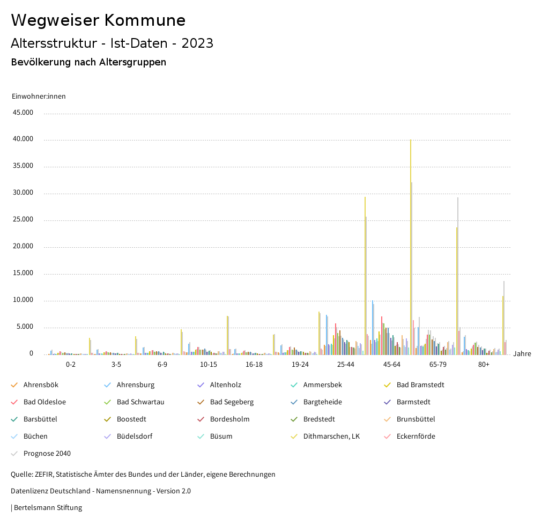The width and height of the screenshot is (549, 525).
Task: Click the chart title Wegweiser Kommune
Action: pos(98,20)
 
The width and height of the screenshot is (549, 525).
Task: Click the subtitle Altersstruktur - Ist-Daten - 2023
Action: pos(112,43)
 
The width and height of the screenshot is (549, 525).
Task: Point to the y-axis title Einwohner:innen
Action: pos(39,97)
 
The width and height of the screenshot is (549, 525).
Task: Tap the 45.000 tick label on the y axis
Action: pos(24,113)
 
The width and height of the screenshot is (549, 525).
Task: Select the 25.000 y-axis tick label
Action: pos(24,220)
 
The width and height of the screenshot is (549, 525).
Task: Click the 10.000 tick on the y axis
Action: pos(24,300)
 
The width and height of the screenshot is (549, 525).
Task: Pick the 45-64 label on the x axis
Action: pos(391,365)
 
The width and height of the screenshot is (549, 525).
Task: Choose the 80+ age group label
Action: pos(484,365)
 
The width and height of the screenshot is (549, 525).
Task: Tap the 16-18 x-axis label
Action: pos(254,365)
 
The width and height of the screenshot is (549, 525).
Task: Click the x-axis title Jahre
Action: pos(522,354)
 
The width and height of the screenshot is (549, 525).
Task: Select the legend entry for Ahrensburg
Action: pos(135,385)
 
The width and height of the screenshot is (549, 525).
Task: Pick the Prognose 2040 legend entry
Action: pos(47,454)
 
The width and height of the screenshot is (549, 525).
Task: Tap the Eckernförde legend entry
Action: pos(416,437)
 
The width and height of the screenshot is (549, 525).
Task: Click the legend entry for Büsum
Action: pos(221,437)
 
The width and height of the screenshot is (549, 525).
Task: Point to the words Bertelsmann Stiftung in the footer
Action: pos(48,507)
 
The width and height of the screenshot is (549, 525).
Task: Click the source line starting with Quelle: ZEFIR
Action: pos(143,475)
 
